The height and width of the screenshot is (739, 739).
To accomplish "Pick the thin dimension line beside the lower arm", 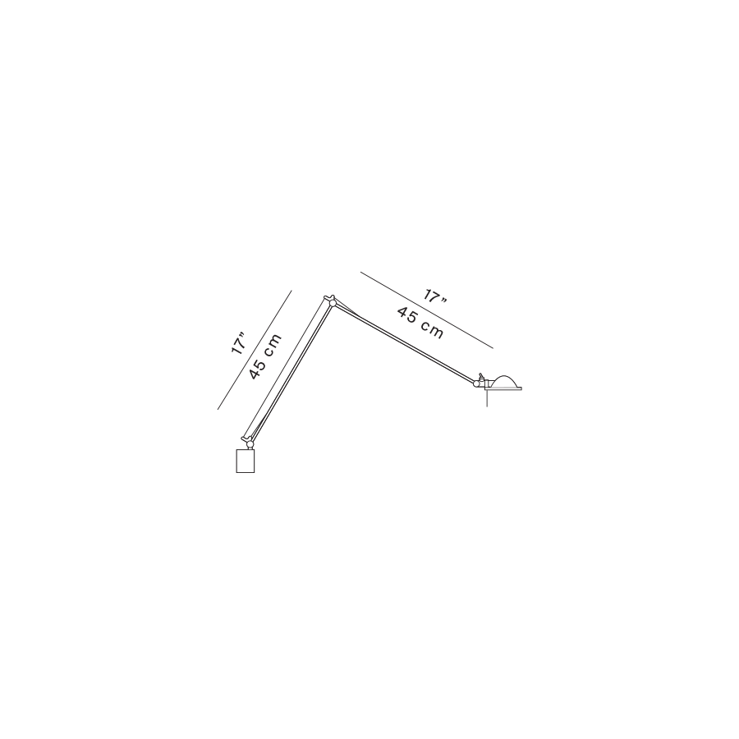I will [x=255, y=348].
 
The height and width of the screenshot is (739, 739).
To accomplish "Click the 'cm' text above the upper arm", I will [x=432, y=329].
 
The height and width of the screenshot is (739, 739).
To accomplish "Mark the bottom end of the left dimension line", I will [x=218, y=408].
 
